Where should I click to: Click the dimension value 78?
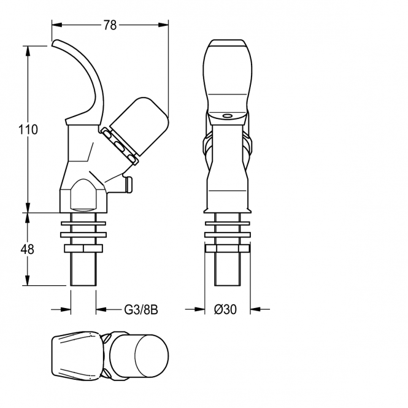(110, 25)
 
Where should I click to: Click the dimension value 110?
(28, 129)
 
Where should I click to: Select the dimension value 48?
(28, 249)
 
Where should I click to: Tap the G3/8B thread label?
(141, 310)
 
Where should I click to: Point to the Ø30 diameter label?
(225, 309)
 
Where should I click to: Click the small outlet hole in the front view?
(227, 115)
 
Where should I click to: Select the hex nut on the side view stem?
(83, 248)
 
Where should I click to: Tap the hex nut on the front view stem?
(228, 248)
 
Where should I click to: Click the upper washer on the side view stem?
(83, 223)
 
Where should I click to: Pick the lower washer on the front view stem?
(228, 235)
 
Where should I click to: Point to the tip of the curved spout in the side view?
(53, 43)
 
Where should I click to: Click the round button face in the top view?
(152, 356)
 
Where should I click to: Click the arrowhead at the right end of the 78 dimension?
(163, 25)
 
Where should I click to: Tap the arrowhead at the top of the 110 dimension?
(28, 52)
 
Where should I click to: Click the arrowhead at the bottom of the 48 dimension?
(28, 280)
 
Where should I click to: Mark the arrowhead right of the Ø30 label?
(255, 309)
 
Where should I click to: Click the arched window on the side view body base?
(83, 194)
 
